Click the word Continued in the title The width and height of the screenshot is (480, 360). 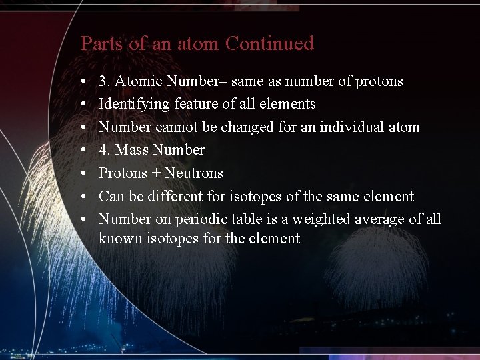269,44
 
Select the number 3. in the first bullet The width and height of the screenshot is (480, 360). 105,81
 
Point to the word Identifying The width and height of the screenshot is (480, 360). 134,104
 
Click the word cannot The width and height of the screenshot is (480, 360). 177,127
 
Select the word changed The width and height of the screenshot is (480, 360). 229,127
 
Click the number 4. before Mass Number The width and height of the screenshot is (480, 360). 105,150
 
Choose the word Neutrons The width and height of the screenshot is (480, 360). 194,173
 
